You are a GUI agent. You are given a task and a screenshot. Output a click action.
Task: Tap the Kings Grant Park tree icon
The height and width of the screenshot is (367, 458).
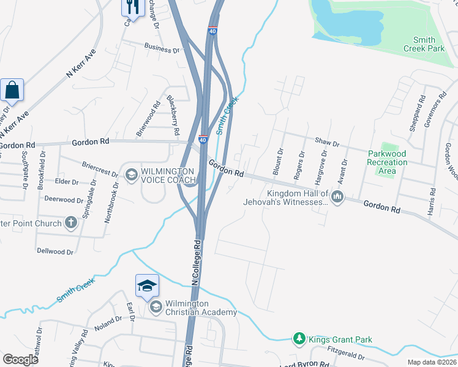tap(299, 339)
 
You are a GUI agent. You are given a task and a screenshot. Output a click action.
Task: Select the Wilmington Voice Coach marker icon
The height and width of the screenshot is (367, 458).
tap(130, 176)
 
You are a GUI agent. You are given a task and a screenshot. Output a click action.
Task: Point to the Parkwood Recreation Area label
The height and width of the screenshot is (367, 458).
tap(387, 162)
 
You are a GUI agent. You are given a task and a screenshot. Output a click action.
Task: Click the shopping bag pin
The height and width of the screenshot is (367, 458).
tap(12, 91)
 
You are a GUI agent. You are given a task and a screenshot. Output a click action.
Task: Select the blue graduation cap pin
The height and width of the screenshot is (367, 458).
tap(147, 286)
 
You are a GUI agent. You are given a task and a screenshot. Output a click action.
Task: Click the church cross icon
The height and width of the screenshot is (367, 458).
tap(71, 223)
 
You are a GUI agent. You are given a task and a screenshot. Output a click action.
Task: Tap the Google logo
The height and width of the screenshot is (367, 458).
tap(20, 360)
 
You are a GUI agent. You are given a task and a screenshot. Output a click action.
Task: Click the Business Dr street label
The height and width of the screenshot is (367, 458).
tap(162, 46)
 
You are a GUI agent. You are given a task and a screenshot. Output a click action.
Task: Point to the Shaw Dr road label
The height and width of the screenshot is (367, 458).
tap(327, 143)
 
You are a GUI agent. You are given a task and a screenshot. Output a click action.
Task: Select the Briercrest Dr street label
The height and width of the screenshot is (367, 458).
tap(100, 169)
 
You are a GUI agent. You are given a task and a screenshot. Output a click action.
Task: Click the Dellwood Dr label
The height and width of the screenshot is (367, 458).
tap(55, 251)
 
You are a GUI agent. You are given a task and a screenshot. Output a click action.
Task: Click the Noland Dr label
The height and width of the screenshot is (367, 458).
tap(109, 321)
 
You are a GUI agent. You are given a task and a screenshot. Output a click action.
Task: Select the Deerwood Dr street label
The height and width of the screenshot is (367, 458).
tap(63, 200)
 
